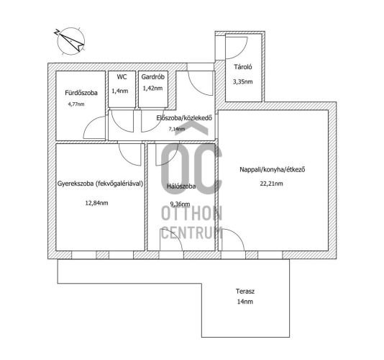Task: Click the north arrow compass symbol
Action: pos(70,41)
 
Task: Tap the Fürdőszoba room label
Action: pos(81,93)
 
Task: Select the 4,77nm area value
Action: pos(76,104)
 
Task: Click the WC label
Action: pos(122,77)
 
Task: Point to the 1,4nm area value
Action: pos(120,91)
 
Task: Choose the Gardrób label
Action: pos(153,77)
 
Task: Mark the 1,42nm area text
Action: pos(152,88)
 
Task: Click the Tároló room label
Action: pos(242,67)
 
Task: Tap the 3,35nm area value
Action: pos(242,81)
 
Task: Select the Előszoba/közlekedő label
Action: pos(184,118)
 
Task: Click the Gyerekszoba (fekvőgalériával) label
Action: pos(100,184)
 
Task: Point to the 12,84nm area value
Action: pos(96,203)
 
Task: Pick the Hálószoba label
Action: pos(181,186)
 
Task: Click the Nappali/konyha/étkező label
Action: pos(273,169)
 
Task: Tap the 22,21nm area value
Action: pos(271,184)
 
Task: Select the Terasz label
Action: pos(245,292)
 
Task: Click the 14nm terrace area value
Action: pos(245,302)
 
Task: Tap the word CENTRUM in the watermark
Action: pos(192,233)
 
